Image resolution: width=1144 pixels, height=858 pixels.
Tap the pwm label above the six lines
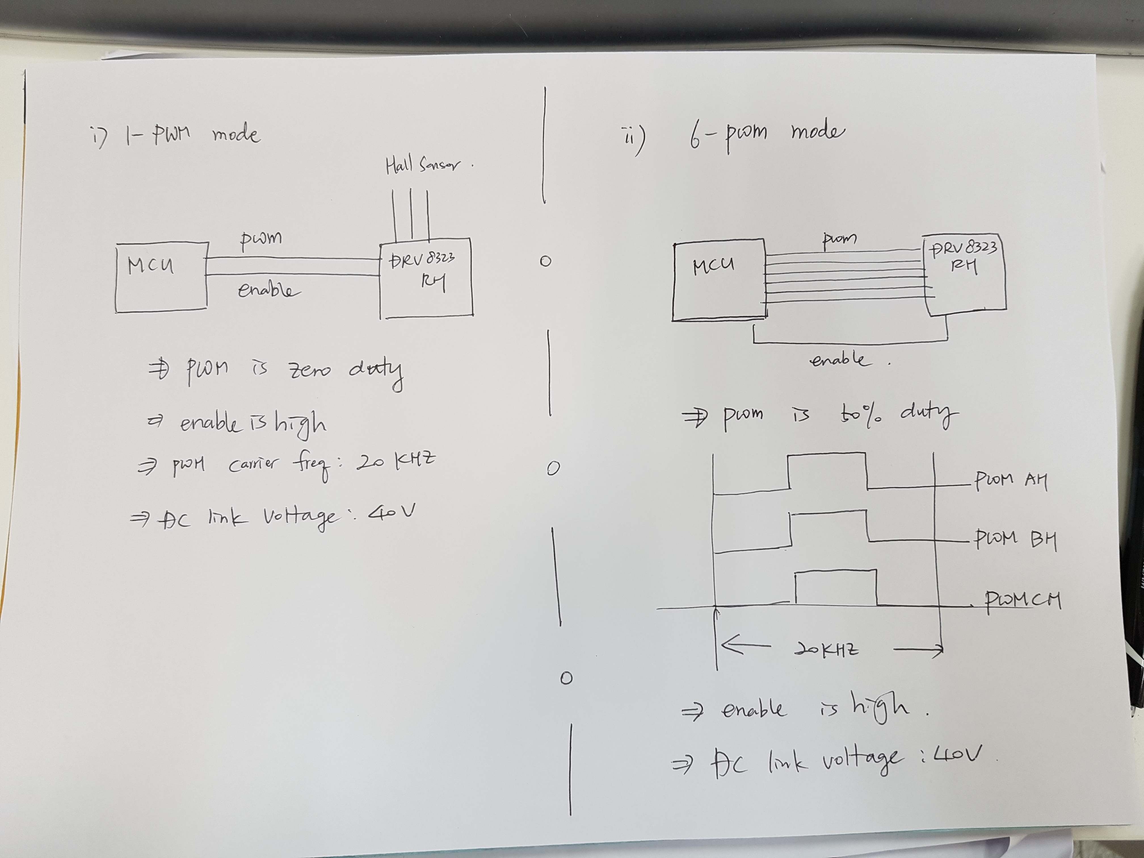click(x=839, y=239)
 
